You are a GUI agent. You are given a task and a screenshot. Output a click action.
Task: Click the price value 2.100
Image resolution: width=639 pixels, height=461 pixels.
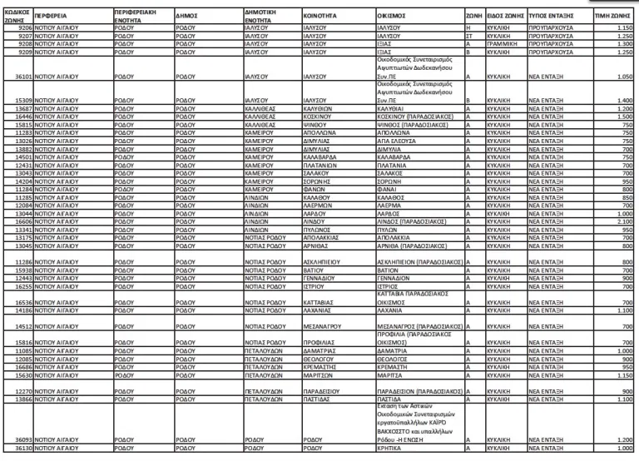[x=626, y=222]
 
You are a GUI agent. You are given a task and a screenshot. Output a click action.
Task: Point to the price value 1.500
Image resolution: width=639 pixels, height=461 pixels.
[x=626, y=117]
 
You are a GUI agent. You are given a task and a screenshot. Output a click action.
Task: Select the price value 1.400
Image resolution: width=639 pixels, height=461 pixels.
[x=626, y=101]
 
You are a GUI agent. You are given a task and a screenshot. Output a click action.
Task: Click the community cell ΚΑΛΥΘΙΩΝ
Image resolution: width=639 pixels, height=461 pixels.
[x=319, y=109]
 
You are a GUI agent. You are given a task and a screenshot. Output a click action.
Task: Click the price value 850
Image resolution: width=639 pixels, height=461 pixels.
[x=628, y=198]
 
